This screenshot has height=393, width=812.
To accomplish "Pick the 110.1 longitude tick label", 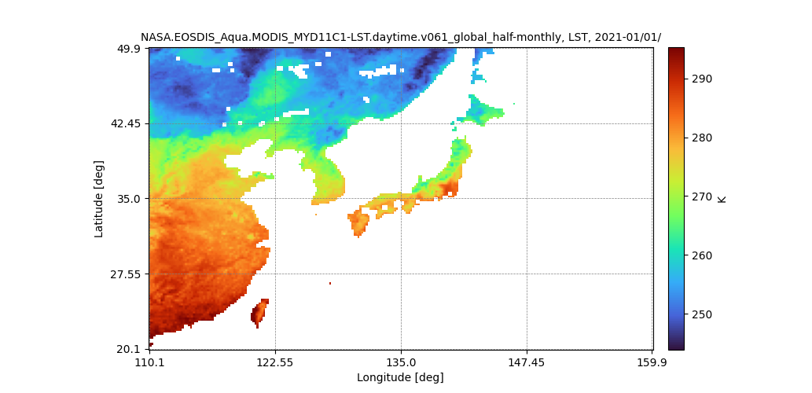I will (x=149, y=362).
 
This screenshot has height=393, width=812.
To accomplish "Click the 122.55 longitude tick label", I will (x=275, y=362).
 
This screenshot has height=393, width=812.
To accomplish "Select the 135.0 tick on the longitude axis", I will (x=401, y=362).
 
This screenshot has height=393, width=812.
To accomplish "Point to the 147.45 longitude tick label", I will (x=527, y=362).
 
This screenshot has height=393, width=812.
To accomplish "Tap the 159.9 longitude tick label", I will (x=652, y=362).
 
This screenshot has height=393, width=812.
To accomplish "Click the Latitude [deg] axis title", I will (x=99, y=199).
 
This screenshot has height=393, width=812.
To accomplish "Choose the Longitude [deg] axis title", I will (x=400, y=377).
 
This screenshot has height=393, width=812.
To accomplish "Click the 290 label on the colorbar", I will (x=702, y=79).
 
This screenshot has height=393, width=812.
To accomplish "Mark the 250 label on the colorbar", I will (x=702, y=314).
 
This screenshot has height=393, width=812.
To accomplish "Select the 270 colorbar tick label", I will (x=702, y=196).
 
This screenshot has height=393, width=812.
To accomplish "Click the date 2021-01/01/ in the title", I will (x=628, y=37).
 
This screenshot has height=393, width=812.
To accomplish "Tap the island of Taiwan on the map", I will (x=259, y=312).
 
